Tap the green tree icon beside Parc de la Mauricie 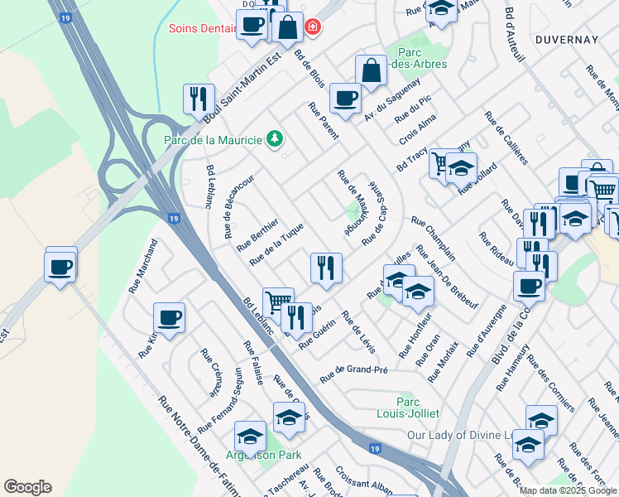click(x=275, y=139)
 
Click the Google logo click(x=27, y=486)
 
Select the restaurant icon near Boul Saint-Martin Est click(x=199, y=99)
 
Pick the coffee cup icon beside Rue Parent click(x=344, y=99)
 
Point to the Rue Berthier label click(x=257, y=234)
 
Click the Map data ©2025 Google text click(x=568, y=490)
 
